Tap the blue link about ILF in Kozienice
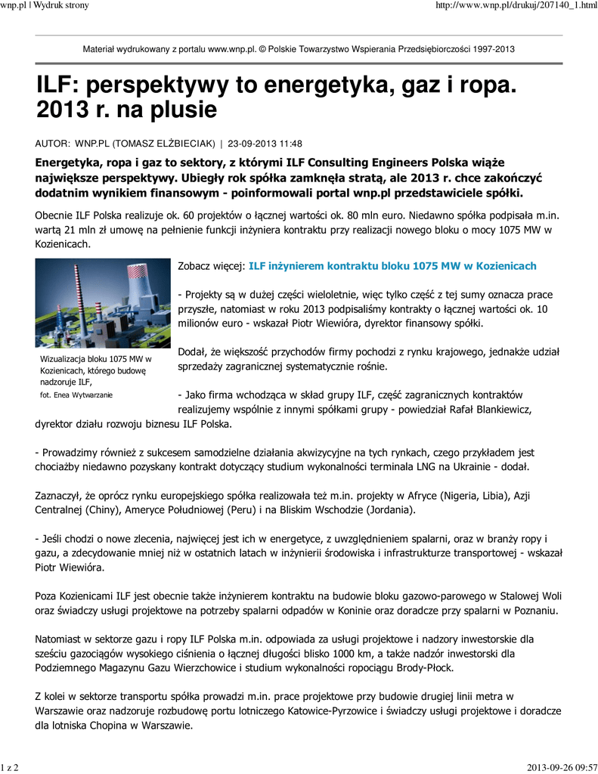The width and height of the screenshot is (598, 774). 392,266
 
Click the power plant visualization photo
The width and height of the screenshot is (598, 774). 103,302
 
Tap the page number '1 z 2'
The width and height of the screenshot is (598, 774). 11,768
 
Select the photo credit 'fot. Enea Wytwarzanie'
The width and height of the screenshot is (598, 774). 78,395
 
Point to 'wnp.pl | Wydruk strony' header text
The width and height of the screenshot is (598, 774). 45,5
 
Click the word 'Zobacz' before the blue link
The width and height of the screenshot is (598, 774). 194,266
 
